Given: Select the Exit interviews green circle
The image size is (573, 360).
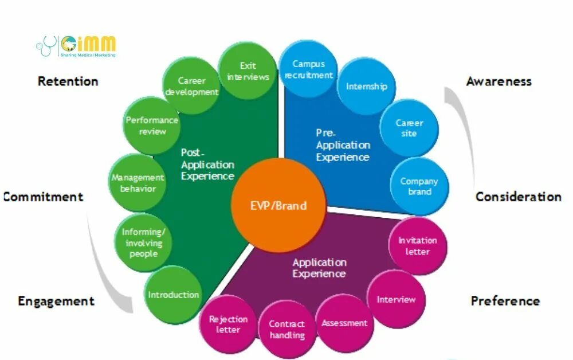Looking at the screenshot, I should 248,71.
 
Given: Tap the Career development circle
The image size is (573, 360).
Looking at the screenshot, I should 191,87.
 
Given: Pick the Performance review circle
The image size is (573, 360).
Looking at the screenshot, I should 152,126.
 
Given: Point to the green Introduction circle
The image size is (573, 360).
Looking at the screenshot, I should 173,295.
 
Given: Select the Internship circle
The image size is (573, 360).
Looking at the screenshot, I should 367,87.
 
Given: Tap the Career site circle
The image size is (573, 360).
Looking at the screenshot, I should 409,128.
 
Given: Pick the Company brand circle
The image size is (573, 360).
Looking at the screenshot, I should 419,186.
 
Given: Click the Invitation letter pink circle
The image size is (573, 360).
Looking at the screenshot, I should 417,245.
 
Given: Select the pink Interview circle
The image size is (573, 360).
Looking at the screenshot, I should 396,299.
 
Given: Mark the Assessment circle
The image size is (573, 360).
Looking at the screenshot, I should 344,323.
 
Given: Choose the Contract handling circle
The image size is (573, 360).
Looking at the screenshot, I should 287,329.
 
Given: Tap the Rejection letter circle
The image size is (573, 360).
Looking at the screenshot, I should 228,324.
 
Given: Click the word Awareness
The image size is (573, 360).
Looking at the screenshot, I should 499,81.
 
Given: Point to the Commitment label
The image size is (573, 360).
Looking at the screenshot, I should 44,197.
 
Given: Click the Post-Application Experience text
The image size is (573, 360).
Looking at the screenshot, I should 207,165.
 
